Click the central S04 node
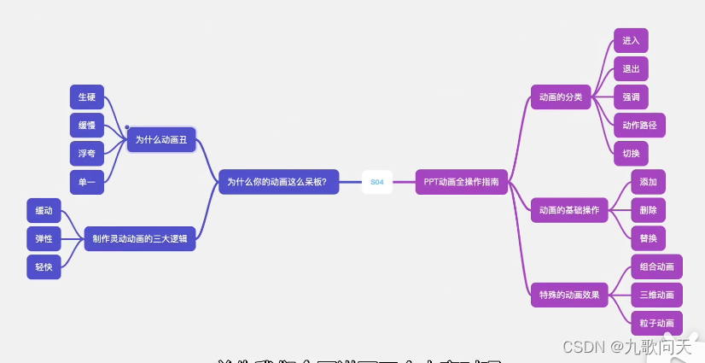coord(376,182)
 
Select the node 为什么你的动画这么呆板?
coord(278,182)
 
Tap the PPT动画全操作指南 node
coord(461,182)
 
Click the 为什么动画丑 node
coord(161,139)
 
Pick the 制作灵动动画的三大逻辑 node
coord(140,238)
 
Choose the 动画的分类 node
coord(561,97)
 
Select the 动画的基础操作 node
coord(569,210)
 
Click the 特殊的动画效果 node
coord(569,296)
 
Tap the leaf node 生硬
coord(86,97)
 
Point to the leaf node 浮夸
coord(86,154)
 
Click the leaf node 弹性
coord(44,238)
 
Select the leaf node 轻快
coord(44,267)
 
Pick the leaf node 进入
coord(631,40)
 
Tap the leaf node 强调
coord(631,97)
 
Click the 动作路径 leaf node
coord(639,126)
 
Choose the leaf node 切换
coord(631,154)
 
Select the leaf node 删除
coord(648,209)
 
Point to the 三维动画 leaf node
coord(656,295)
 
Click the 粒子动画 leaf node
coord(656,323)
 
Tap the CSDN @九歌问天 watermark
coord(626,346)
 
